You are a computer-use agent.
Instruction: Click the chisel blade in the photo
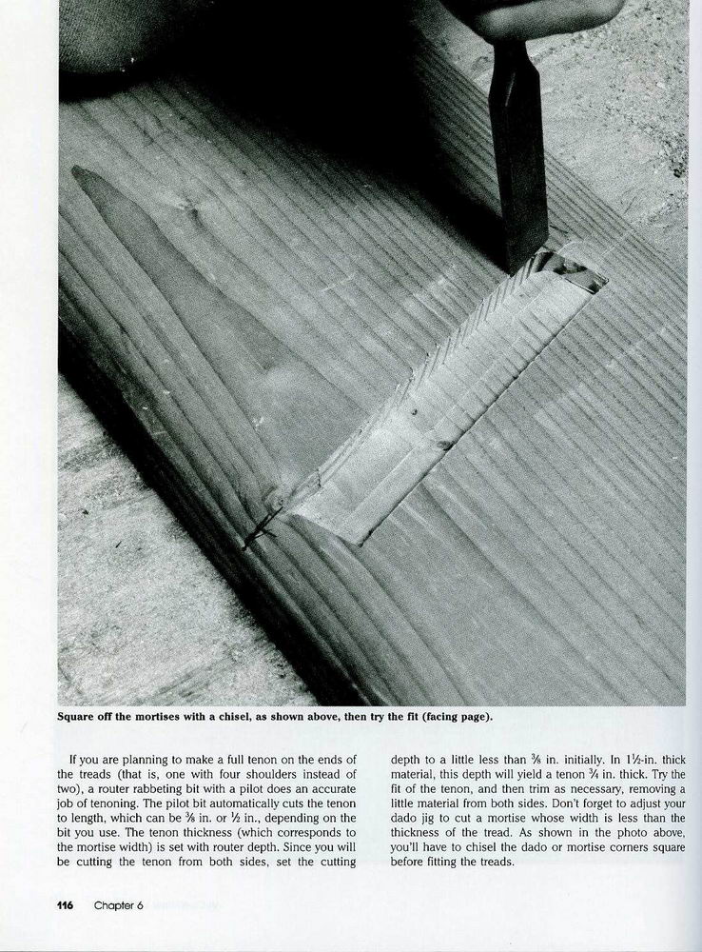[x=520, y=162]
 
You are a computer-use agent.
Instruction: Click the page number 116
[x=71, y=904]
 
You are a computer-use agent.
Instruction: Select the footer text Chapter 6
[x=118, y=904]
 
